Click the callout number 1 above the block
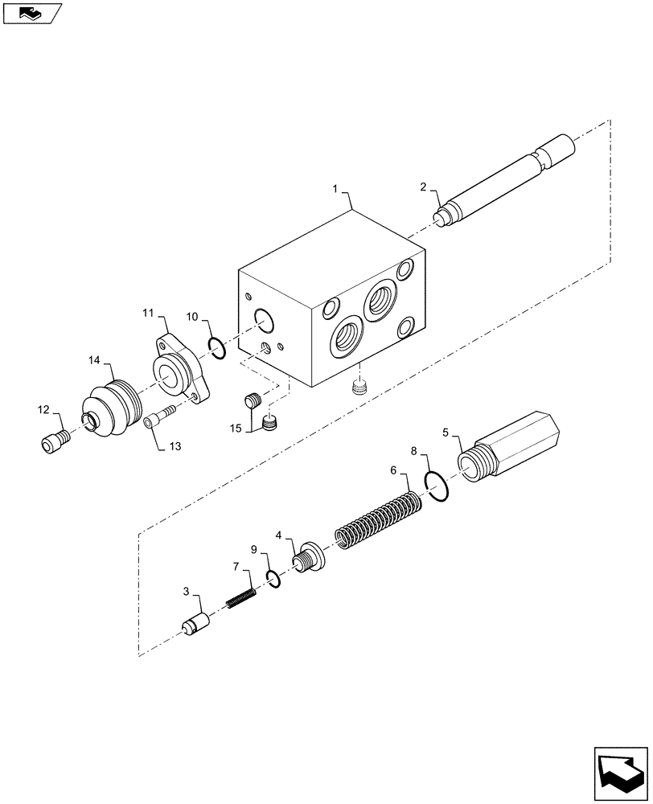(335, 189)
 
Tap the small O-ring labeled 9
(273, 578)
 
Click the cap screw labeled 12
(52, 441)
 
